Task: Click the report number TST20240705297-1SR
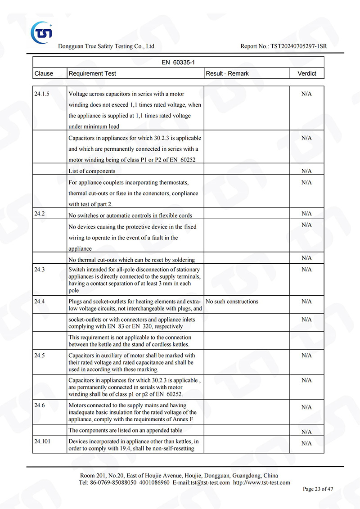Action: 298,46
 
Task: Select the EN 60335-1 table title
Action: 178,62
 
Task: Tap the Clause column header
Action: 44,73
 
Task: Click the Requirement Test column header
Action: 92,73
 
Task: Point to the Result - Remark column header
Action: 227,73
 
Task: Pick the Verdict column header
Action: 306,73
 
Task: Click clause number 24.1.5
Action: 42,94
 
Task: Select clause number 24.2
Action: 40,213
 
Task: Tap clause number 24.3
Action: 40,269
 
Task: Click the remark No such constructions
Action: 232,302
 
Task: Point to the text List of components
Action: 92,171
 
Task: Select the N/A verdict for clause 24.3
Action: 306,270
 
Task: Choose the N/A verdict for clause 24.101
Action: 306,443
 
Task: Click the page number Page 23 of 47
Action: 318,489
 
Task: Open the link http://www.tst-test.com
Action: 261,482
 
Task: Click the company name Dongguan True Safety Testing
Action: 107,46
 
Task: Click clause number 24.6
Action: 40,405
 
